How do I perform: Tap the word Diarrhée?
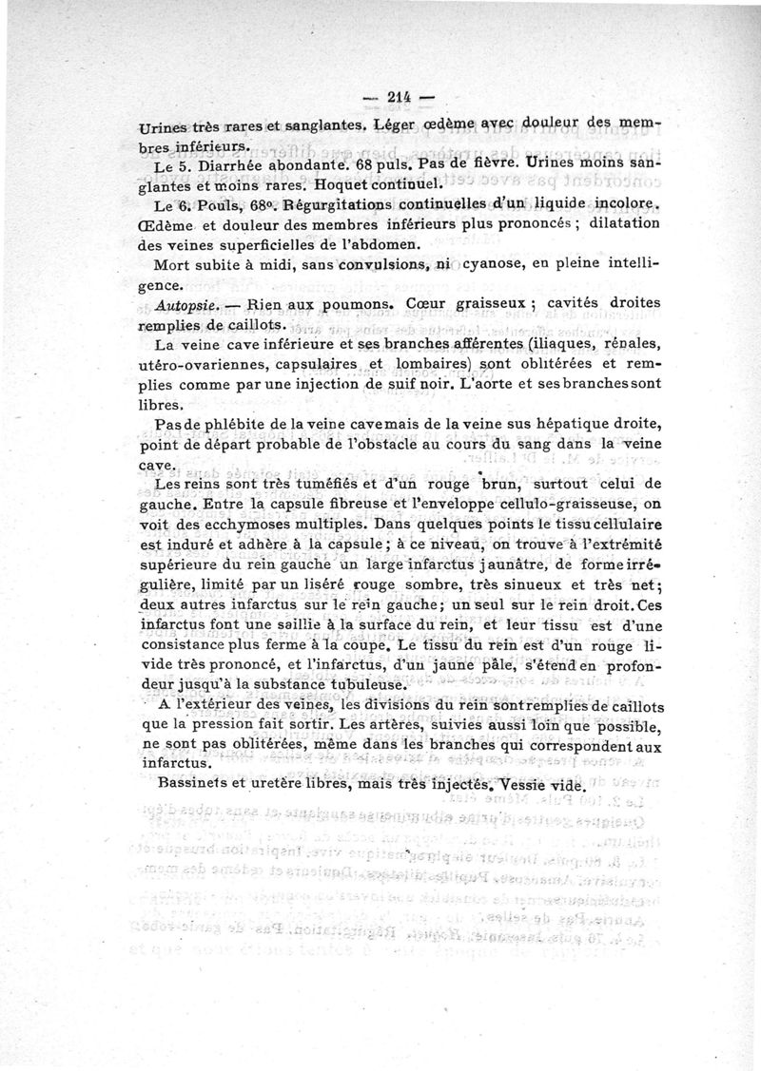[225, 163]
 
